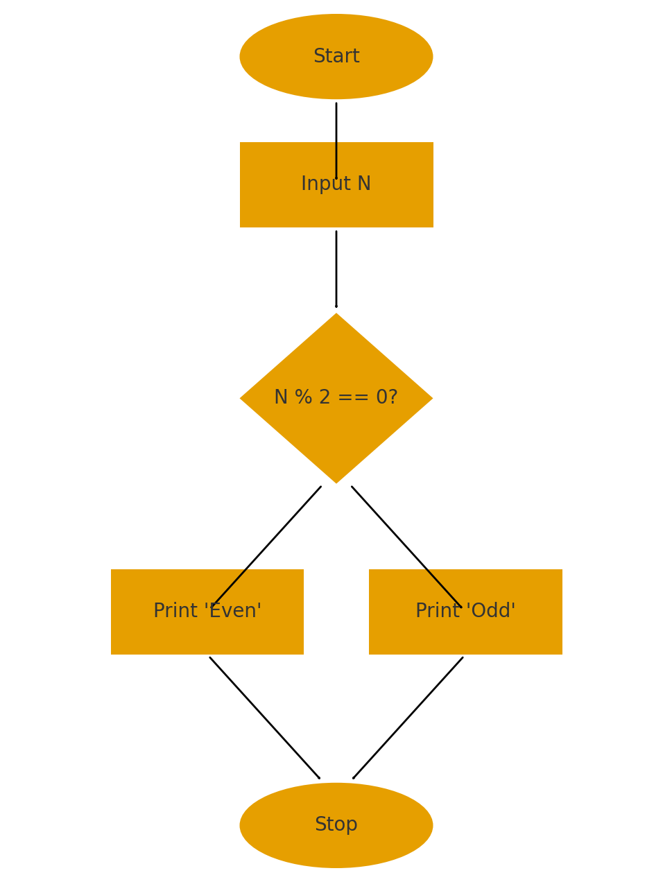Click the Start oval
click(x=336, y=56)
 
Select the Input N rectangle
click(x=336, y=184)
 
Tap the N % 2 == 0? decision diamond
click(x=336, y=398)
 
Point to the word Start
click(x=336, y=55)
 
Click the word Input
click(x=325, y=184)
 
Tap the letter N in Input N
click(x=363, y=183)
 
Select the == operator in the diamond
click(x=353, y=397)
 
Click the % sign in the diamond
click(x=304, y=397)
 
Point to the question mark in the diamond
click(x=393, y=397)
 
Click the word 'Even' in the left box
click(x=233, y=610)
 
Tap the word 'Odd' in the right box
click(x=490, y=610)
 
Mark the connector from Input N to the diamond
click(x=336, y=269)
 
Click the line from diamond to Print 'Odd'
click(x=406, y=546)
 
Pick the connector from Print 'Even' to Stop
click(x=264, y=718)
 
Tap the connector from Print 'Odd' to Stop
click(x=408, y=718)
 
